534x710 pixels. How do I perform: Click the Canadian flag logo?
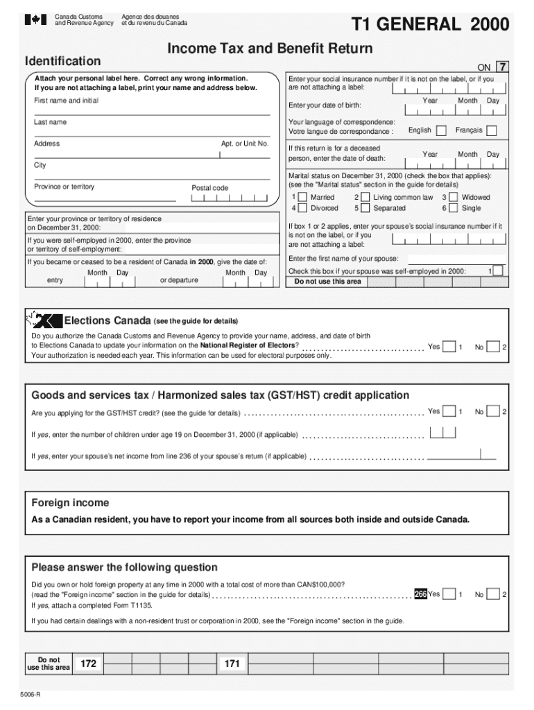[36, 20]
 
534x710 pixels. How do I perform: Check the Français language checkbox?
[491, 130]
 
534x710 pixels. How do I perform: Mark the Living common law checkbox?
[365, 198]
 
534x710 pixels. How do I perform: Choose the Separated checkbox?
[365, 208]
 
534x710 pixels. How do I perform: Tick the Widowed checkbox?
[454, 198]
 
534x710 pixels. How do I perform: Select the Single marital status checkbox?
[454, 208]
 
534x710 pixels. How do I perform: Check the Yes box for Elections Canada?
[449, 346]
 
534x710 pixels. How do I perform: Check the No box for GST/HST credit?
[493, 412]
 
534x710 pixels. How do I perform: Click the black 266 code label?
[420, 594]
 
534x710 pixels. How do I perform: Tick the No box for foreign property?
[493, 594]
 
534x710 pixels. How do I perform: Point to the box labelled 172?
[88, 664]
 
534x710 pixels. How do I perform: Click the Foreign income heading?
[70, 503]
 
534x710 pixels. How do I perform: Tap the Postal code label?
[209, 188]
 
